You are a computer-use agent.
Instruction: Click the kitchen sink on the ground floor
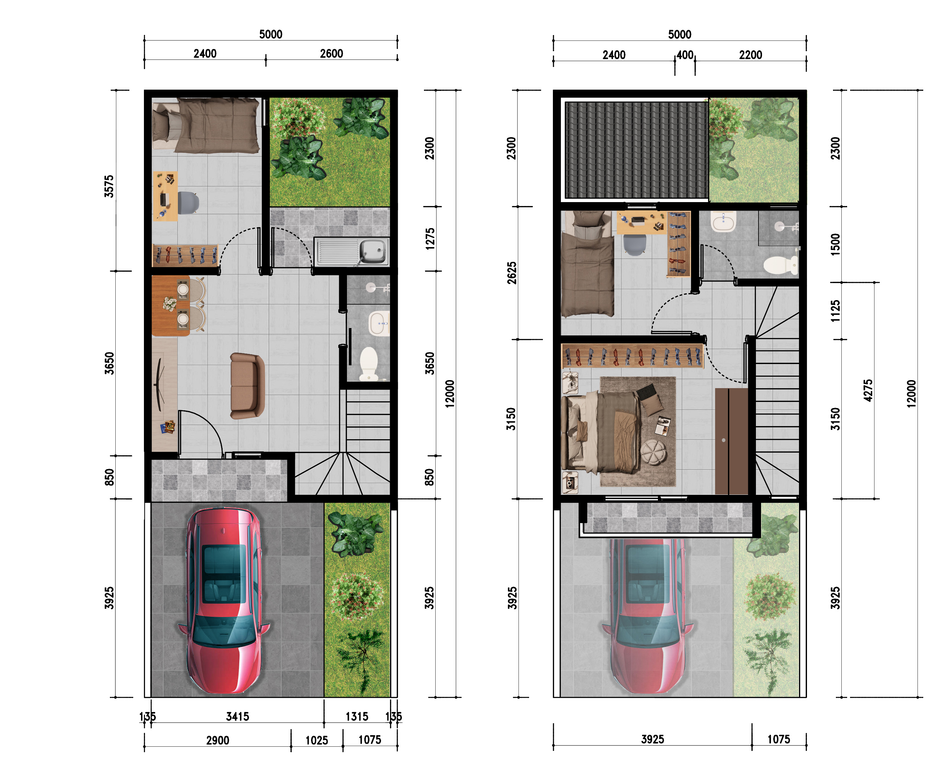pos(351,251)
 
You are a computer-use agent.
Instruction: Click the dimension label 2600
pos(331,54)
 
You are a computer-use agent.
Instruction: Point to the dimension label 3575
pos(109,186)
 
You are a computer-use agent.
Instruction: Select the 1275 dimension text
pos(430,239)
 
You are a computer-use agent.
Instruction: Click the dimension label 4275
pos(868,390)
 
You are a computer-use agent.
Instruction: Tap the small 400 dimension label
pos(685,55)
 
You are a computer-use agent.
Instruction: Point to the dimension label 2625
pos(512,273)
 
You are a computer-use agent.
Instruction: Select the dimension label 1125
pos(835,311)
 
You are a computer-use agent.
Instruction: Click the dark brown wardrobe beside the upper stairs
pos(732,441)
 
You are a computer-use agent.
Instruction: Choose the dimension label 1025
pos(316,741)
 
